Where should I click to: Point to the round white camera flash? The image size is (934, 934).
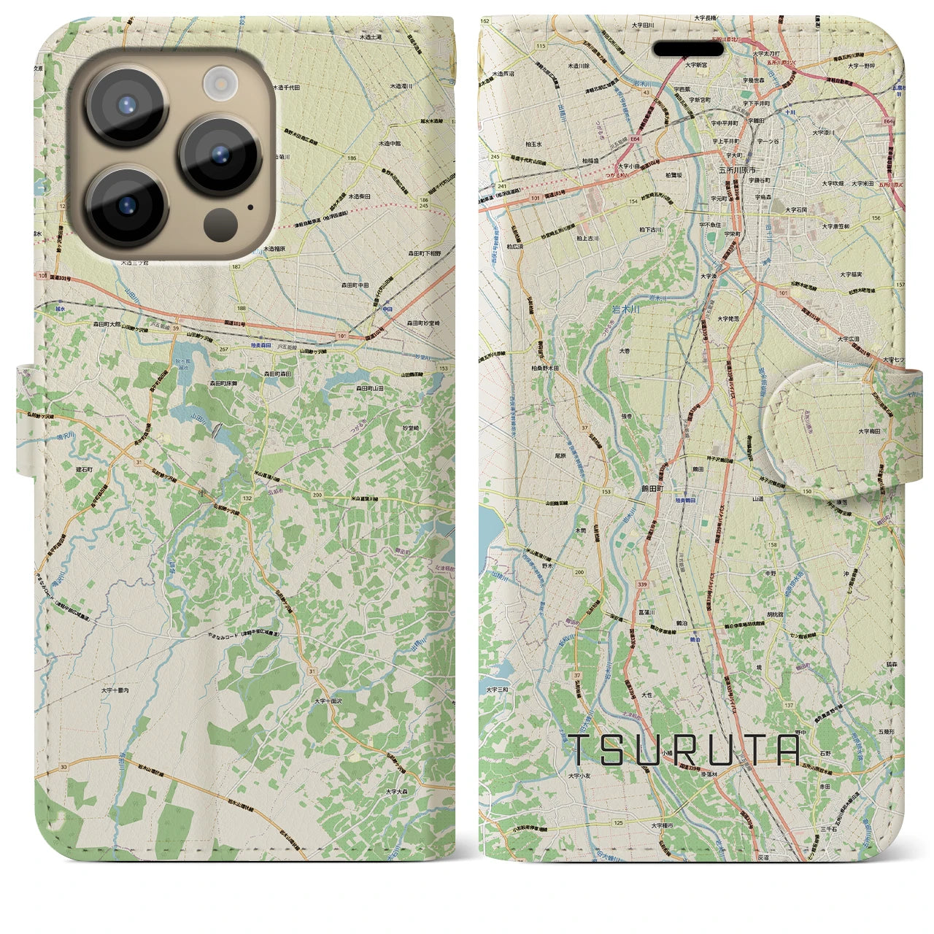[219, 84]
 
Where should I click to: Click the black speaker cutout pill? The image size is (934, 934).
[688, 49]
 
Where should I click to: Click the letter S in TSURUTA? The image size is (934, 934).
[617, 749]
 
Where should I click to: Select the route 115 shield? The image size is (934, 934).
[540, 46]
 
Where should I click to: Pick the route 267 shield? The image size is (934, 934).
[224, 349]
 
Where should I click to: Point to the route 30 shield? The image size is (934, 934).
[64, 766]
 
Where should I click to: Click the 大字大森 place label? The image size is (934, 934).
[401, 791]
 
